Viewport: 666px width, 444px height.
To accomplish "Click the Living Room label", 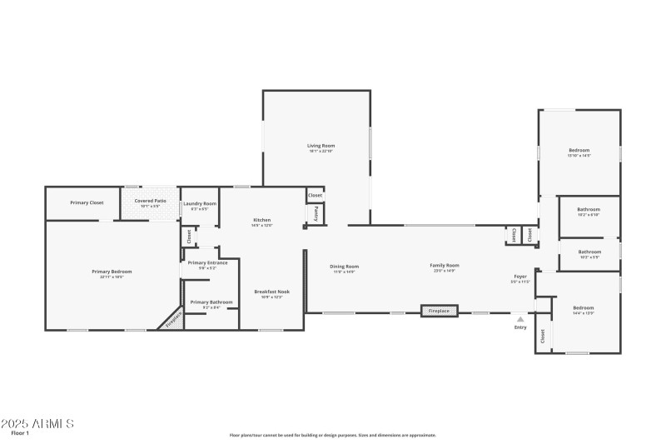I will coord(321,146).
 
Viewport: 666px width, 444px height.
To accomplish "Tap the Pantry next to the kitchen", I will coord(316,213).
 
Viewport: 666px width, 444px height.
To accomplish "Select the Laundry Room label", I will coord(200,203).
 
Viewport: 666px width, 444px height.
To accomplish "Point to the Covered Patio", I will coord(150,201).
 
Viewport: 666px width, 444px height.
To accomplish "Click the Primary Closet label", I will coord(87,202).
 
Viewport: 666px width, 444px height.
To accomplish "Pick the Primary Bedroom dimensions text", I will coord(112,277).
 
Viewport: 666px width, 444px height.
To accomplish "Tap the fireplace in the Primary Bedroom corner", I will coord(173,319).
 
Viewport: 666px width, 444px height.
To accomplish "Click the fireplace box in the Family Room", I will coord(439,311).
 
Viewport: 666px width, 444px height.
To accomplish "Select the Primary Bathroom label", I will coord(211,302).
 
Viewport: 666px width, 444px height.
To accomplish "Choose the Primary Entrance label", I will coord(207,263).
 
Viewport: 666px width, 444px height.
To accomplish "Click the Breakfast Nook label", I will coord(272,292).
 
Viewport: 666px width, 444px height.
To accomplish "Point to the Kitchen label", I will coord(262,220).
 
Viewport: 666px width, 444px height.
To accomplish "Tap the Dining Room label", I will coord(345,266).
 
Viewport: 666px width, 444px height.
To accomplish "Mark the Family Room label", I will coord(445,266).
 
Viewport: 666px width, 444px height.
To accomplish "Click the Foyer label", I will coord(519,276).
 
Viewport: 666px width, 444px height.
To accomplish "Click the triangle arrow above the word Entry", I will coord(520,318).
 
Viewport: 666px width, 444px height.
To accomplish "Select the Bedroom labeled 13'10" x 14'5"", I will coord(579,150).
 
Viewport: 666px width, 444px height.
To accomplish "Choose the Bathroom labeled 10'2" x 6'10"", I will coord(589,209).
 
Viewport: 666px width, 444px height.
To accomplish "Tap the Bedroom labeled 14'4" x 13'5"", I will coord(583,307).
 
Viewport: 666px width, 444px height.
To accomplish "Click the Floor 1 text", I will coord(20,433).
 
